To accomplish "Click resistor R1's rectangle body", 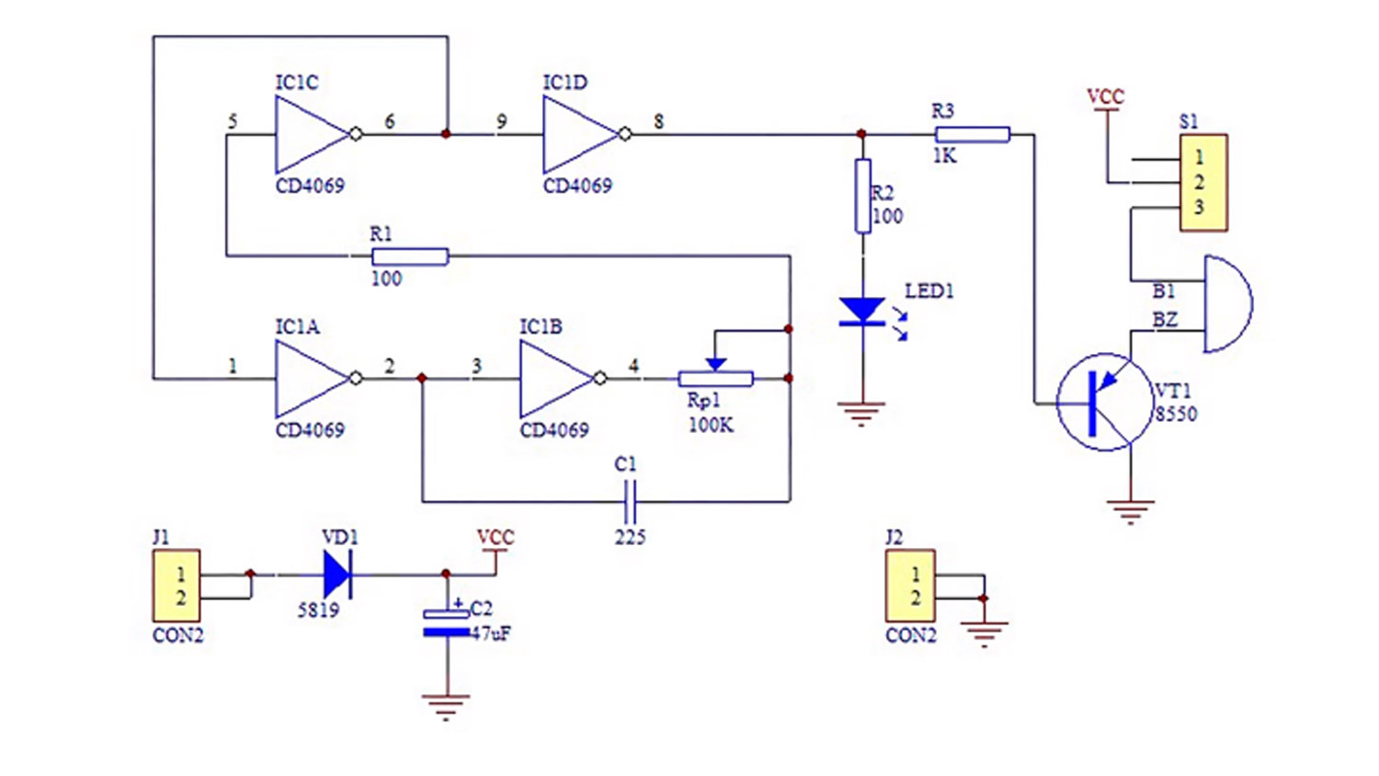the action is point(410,257).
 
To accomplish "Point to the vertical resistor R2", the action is point(863,196).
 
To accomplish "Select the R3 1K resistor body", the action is point(973,134).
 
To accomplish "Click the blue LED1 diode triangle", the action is point(862,311).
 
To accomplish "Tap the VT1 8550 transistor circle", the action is point(1104,402).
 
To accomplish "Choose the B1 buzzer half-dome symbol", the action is point(1227,304).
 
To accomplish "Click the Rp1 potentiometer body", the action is point(715,379).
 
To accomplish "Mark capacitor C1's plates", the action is point(631,501).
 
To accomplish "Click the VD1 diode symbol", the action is point(337,576).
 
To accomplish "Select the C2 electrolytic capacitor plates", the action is point(446,622).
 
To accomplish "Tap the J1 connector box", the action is point(177,586).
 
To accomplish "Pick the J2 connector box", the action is point(910,586).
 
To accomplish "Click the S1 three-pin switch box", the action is point(1203,183).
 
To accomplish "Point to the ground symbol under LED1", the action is point(862,414).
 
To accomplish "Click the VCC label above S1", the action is point(1106,97).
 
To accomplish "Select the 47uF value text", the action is point(491,633).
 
